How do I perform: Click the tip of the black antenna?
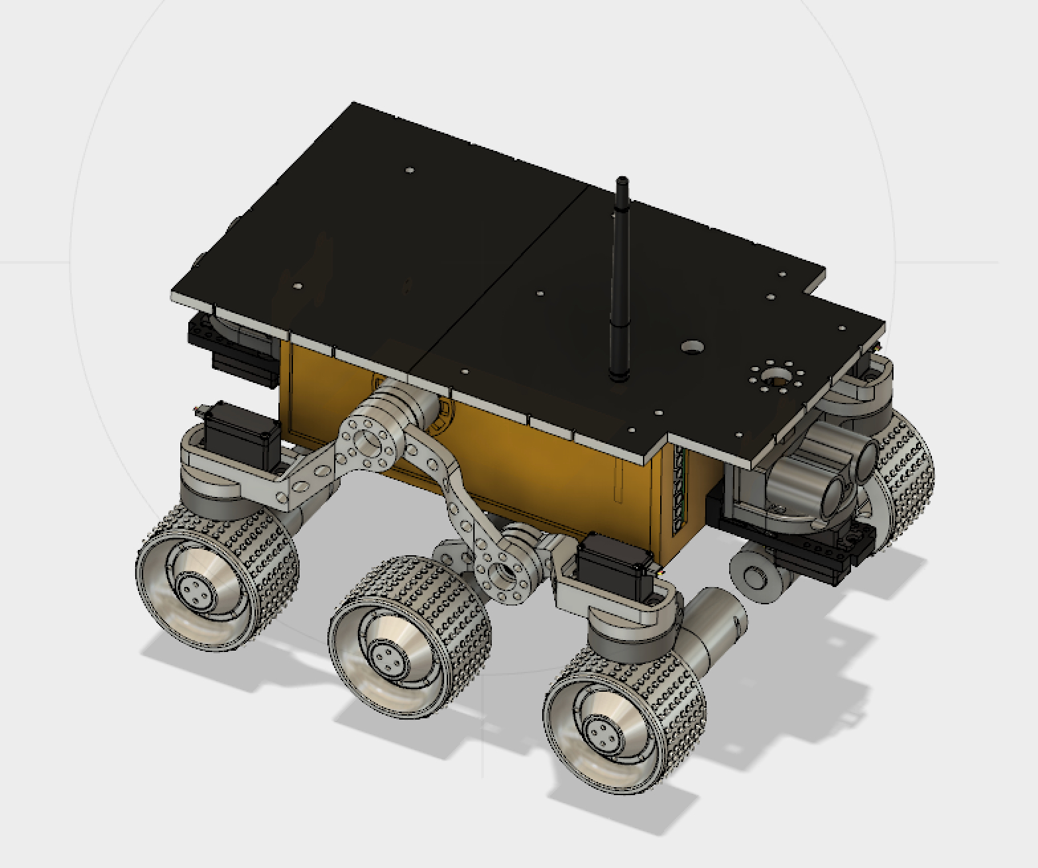pos(621,181)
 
